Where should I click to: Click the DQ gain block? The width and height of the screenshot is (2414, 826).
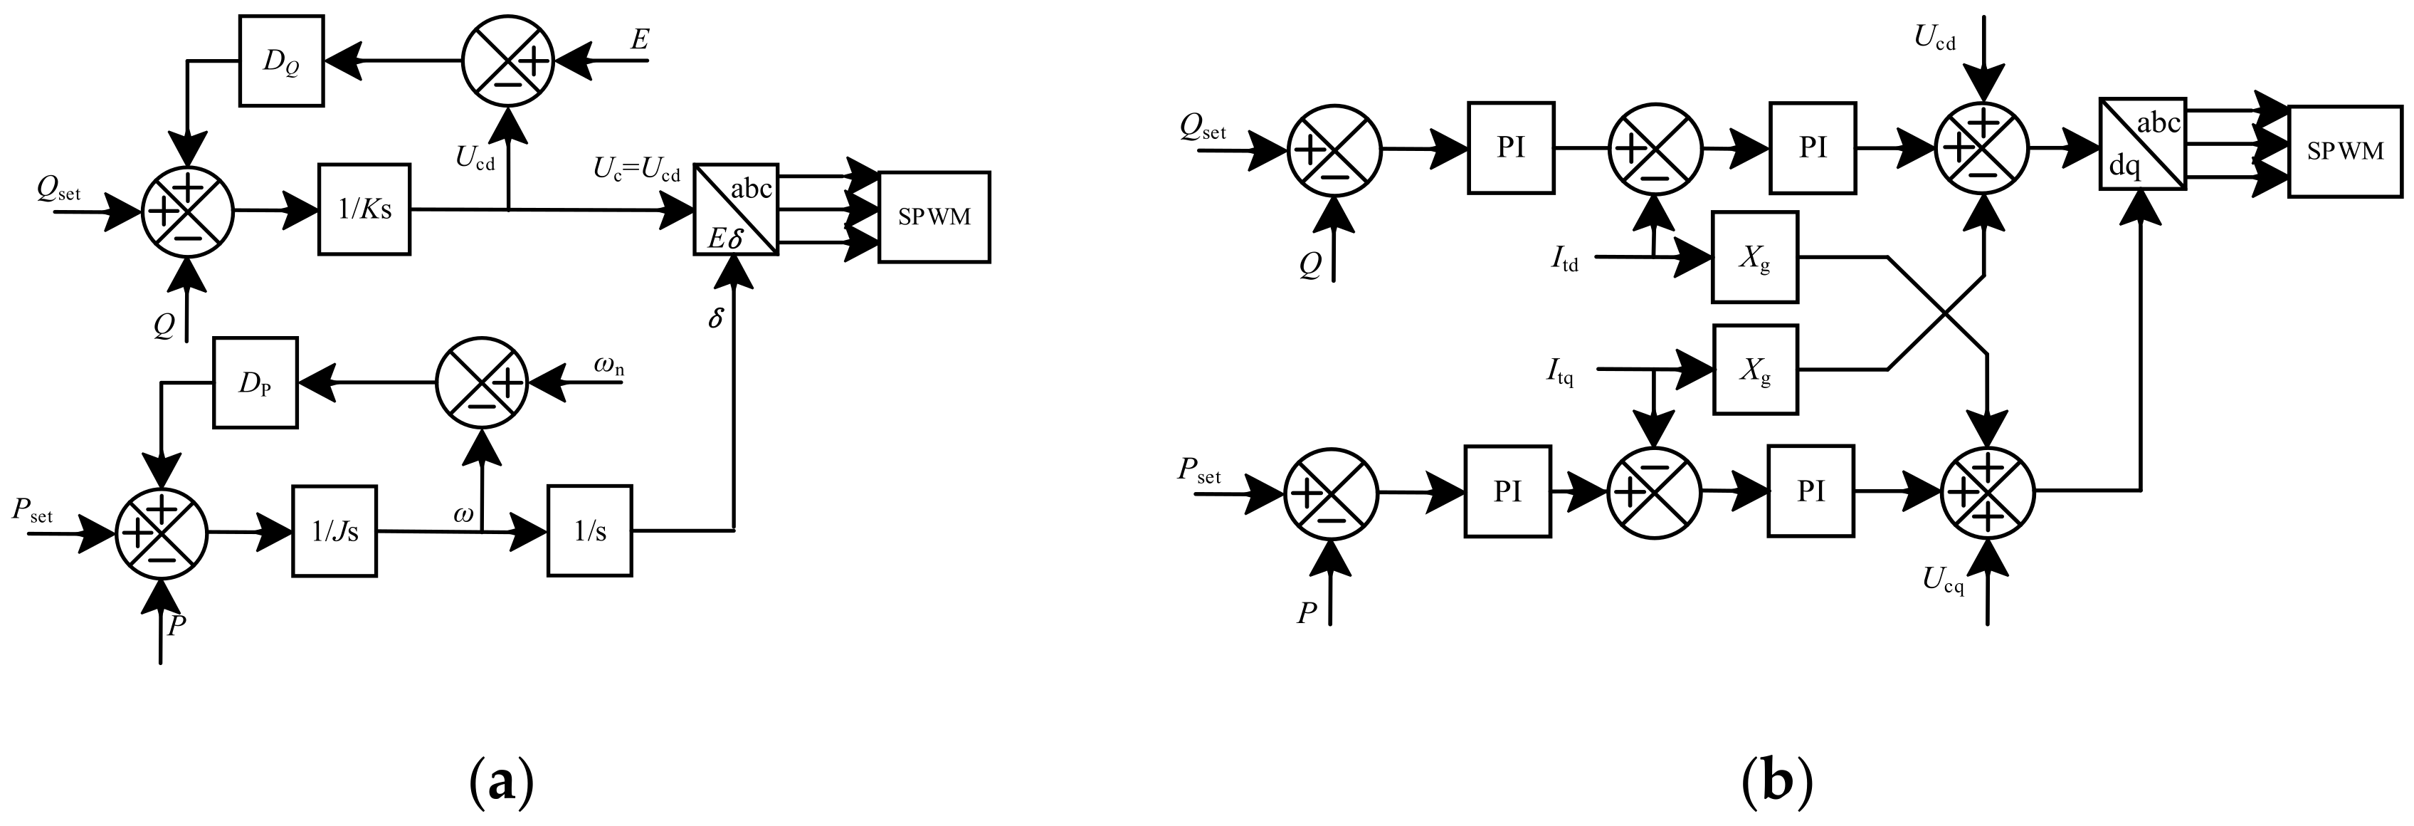pos(281,61)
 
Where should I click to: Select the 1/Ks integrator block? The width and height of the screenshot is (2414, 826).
pos(364,209)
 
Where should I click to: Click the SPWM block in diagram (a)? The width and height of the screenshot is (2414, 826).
pos(934,216)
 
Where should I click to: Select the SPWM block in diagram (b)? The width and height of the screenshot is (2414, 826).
pos(2345,151)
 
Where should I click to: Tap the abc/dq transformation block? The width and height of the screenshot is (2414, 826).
pos(2142,143)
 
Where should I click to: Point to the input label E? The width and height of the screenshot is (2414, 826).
pos(640,41)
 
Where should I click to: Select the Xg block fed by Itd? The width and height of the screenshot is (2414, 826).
pos(1754,257)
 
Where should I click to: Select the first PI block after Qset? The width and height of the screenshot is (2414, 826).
pos(1511,148)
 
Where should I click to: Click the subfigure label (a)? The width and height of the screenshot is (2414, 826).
pos(501,779)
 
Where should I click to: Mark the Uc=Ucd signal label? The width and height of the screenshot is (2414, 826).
pos(636,169)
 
